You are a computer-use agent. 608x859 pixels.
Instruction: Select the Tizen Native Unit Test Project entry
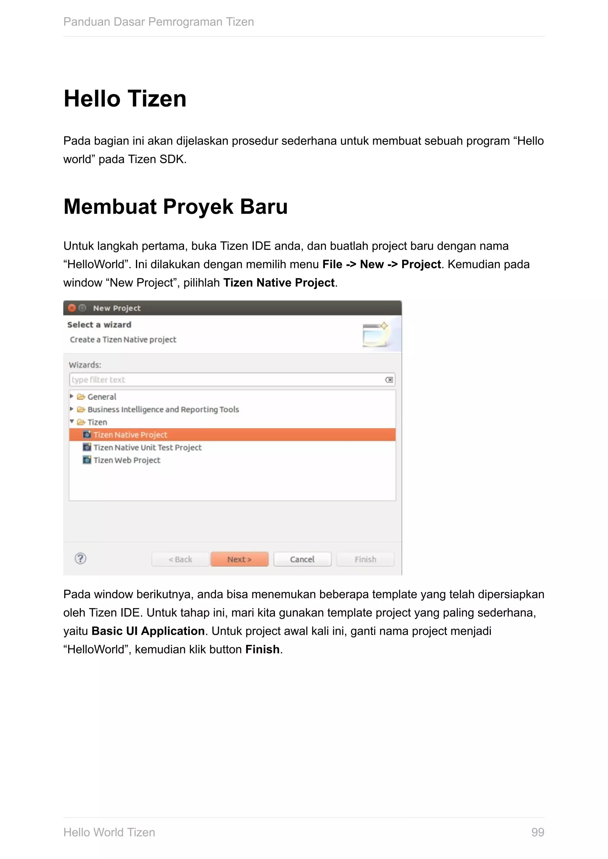click(147, 448)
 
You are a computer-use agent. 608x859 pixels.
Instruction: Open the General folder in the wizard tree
click(102, 397)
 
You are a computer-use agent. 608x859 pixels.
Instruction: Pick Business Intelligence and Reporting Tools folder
click(163, 409)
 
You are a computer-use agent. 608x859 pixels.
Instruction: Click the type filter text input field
click(225, 380)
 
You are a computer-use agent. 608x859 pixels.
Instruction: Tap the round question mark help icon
click(80, 559)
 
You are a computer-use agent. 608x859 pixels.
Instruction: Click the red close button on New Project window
click(72, 308)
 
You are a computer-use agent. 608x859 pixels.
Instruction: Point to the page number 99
click(538, 832)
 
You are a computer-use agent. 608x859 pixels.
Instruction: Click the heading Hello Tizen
click(125, 99)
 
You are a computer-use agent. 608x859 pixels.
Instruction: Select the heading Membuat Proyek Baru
click(175, 206)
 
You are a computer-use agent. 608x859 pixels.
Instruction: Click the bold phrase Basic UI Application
click(148, 631)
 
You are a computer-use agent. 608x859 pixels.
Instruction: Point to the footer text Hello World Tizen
click(109, 832)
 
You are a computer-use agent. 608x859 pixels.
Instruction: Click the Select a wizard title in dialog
click(99, 325)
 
